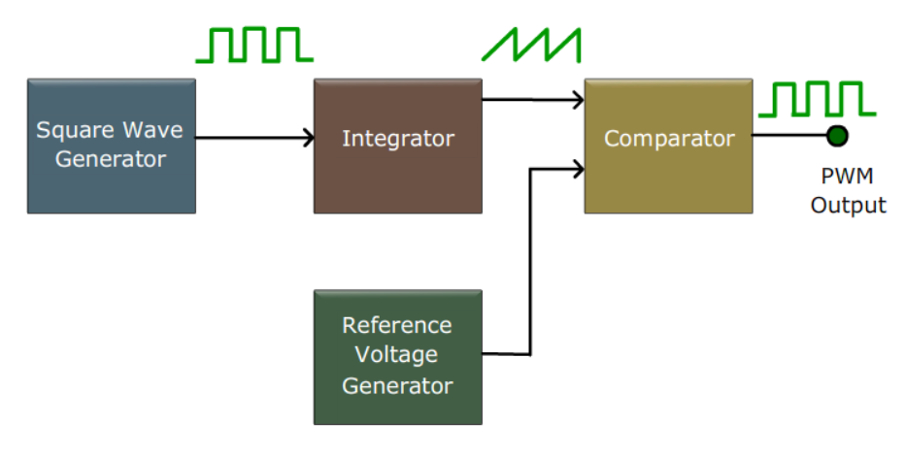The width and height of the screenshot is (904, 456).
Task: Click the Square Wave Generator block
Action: point(111,146)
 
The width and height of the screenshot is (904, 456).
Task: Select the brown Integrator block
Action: point(397,146)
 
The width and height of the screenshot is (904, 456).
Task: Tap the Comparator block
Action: point(668,146)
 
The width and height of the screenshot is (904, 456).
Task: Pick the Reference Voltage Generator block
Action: point(397,356)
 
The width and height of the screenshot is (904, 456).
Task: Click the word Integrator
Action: point(397,139)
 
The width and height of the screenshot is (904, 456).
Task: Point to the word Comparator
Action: point(668,139)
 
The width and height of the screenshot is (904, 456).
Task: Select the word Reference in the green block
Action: point(397,325)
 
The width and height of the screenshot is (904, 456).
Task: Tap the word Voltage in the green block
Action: point(397,355)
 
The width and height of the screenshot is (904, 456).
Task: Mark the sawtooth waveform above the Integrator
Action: point(532,45)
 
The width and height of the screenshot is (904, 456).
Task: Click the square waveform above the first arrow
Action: point(254,45)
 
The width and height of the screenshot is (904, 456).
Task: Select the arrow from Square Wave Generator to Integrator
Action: point(254,138)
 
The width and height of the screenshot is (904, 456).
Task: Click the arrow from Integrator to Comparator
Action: point(532,98)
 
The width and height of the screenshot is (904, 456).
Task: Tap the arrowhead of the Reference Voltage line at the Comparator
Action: point(579,169)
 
